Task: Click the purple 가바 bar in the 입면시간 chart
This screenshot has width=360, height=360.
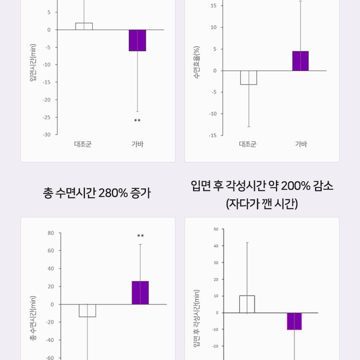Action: (138, 40)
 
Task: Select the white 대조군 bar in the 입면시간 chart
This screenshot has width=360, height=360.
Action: (84, 26)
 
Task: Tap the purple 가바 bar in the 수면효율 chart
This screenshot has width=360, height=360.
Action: (300, 61)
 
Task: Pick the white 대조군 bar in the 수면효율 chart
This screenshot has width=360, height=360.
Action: (249, 78)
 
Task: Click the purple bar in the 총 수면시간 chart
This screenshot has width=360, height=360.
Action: (140, 293)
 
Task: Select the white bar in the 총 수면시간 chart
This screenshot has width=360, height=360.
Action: (87, 310)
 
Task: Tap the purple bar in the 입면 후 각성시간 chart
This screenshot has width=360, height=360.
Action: (294, 321)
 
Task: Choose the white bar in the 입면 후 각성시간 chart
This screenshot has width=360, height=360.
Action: (247, 304)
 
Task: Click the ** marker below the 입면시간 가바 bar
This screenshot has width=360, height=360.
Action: (138, 121)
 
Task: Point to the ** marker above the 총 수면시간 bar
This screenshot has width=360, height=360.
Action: (140, 236)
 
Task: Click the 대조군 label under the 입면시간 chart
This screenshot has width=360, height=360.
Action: (83, 144)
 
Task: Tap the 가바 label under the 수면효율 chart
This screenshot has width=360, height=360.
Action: (301, 144)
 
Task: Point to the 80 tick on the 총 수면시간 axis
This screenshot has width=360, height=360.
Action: (51, 233)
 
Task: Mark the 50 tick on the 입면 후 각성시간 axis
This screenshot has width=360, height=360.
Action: (216, 229)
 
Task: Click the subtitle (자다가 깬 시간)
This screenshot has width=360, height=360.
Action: (262, 204)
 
